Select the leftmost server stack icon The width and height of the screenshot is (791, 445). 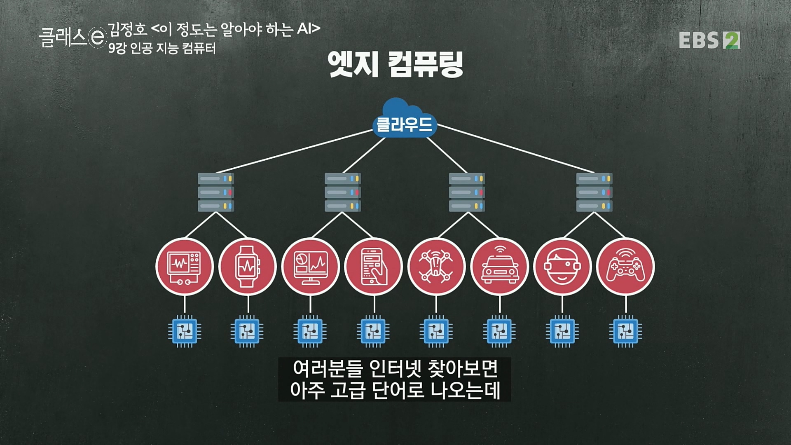(215, 192)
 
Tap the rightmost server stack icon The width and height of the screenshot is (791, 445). (594, 192)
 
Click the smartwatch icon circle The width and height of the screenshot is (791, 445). (247, 267)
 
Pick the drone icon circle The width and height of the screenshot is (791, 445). (436, 267)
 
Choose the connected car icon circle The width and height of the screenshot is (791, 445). (499, 267)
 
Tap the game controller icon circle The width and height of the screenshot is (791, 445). (625, 267)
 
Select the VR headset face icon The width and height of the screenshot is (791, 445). (562, 267)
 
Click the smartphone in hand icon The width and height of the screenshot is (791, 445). (373, 267)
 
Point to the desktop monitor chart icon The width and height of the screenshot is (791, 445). (310, 267)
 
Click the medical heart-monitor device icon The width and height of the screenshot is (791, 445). (184, 267)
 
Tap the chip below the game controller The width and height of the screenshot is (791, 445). (625, 331)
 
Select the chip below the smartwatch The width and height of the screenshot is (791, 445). (247, 331)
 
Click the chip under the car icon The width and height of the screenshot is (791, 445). (499, 331)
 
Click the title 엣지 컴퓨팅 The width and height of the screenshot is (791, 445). (395, 64)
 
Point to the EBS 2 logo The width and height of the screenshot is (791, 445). (709, 40)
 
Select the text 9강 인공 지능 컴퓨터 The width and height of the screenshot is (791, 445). (162, 49)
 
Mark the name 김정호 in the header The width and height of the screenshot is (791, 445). (127, 29)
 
